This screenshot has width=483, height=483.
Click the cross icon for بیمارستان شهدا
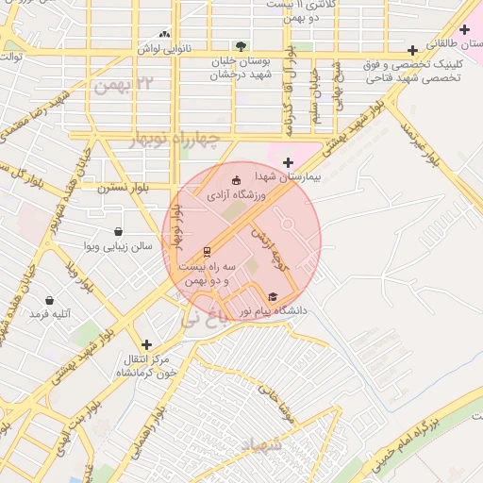coord(288,162)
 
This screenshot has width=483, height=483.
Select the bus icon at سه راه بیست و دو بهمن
coord(207,251)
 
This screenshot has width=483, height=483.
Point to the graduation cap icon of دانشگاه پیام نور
coord(273,295)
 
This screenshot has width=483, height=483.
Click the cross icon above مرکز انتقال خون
coord(145,345)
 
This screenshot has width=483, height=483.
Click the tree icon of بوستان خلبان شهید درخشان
coord(241,44)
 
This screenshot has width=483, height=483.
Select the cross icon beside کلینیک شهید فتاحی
coord(411,50)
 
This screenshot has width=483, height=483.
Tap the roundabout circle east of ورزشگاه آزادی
coord(287,225)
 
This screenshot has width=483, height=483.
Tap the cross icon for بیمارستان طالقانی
coord(464,30)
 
